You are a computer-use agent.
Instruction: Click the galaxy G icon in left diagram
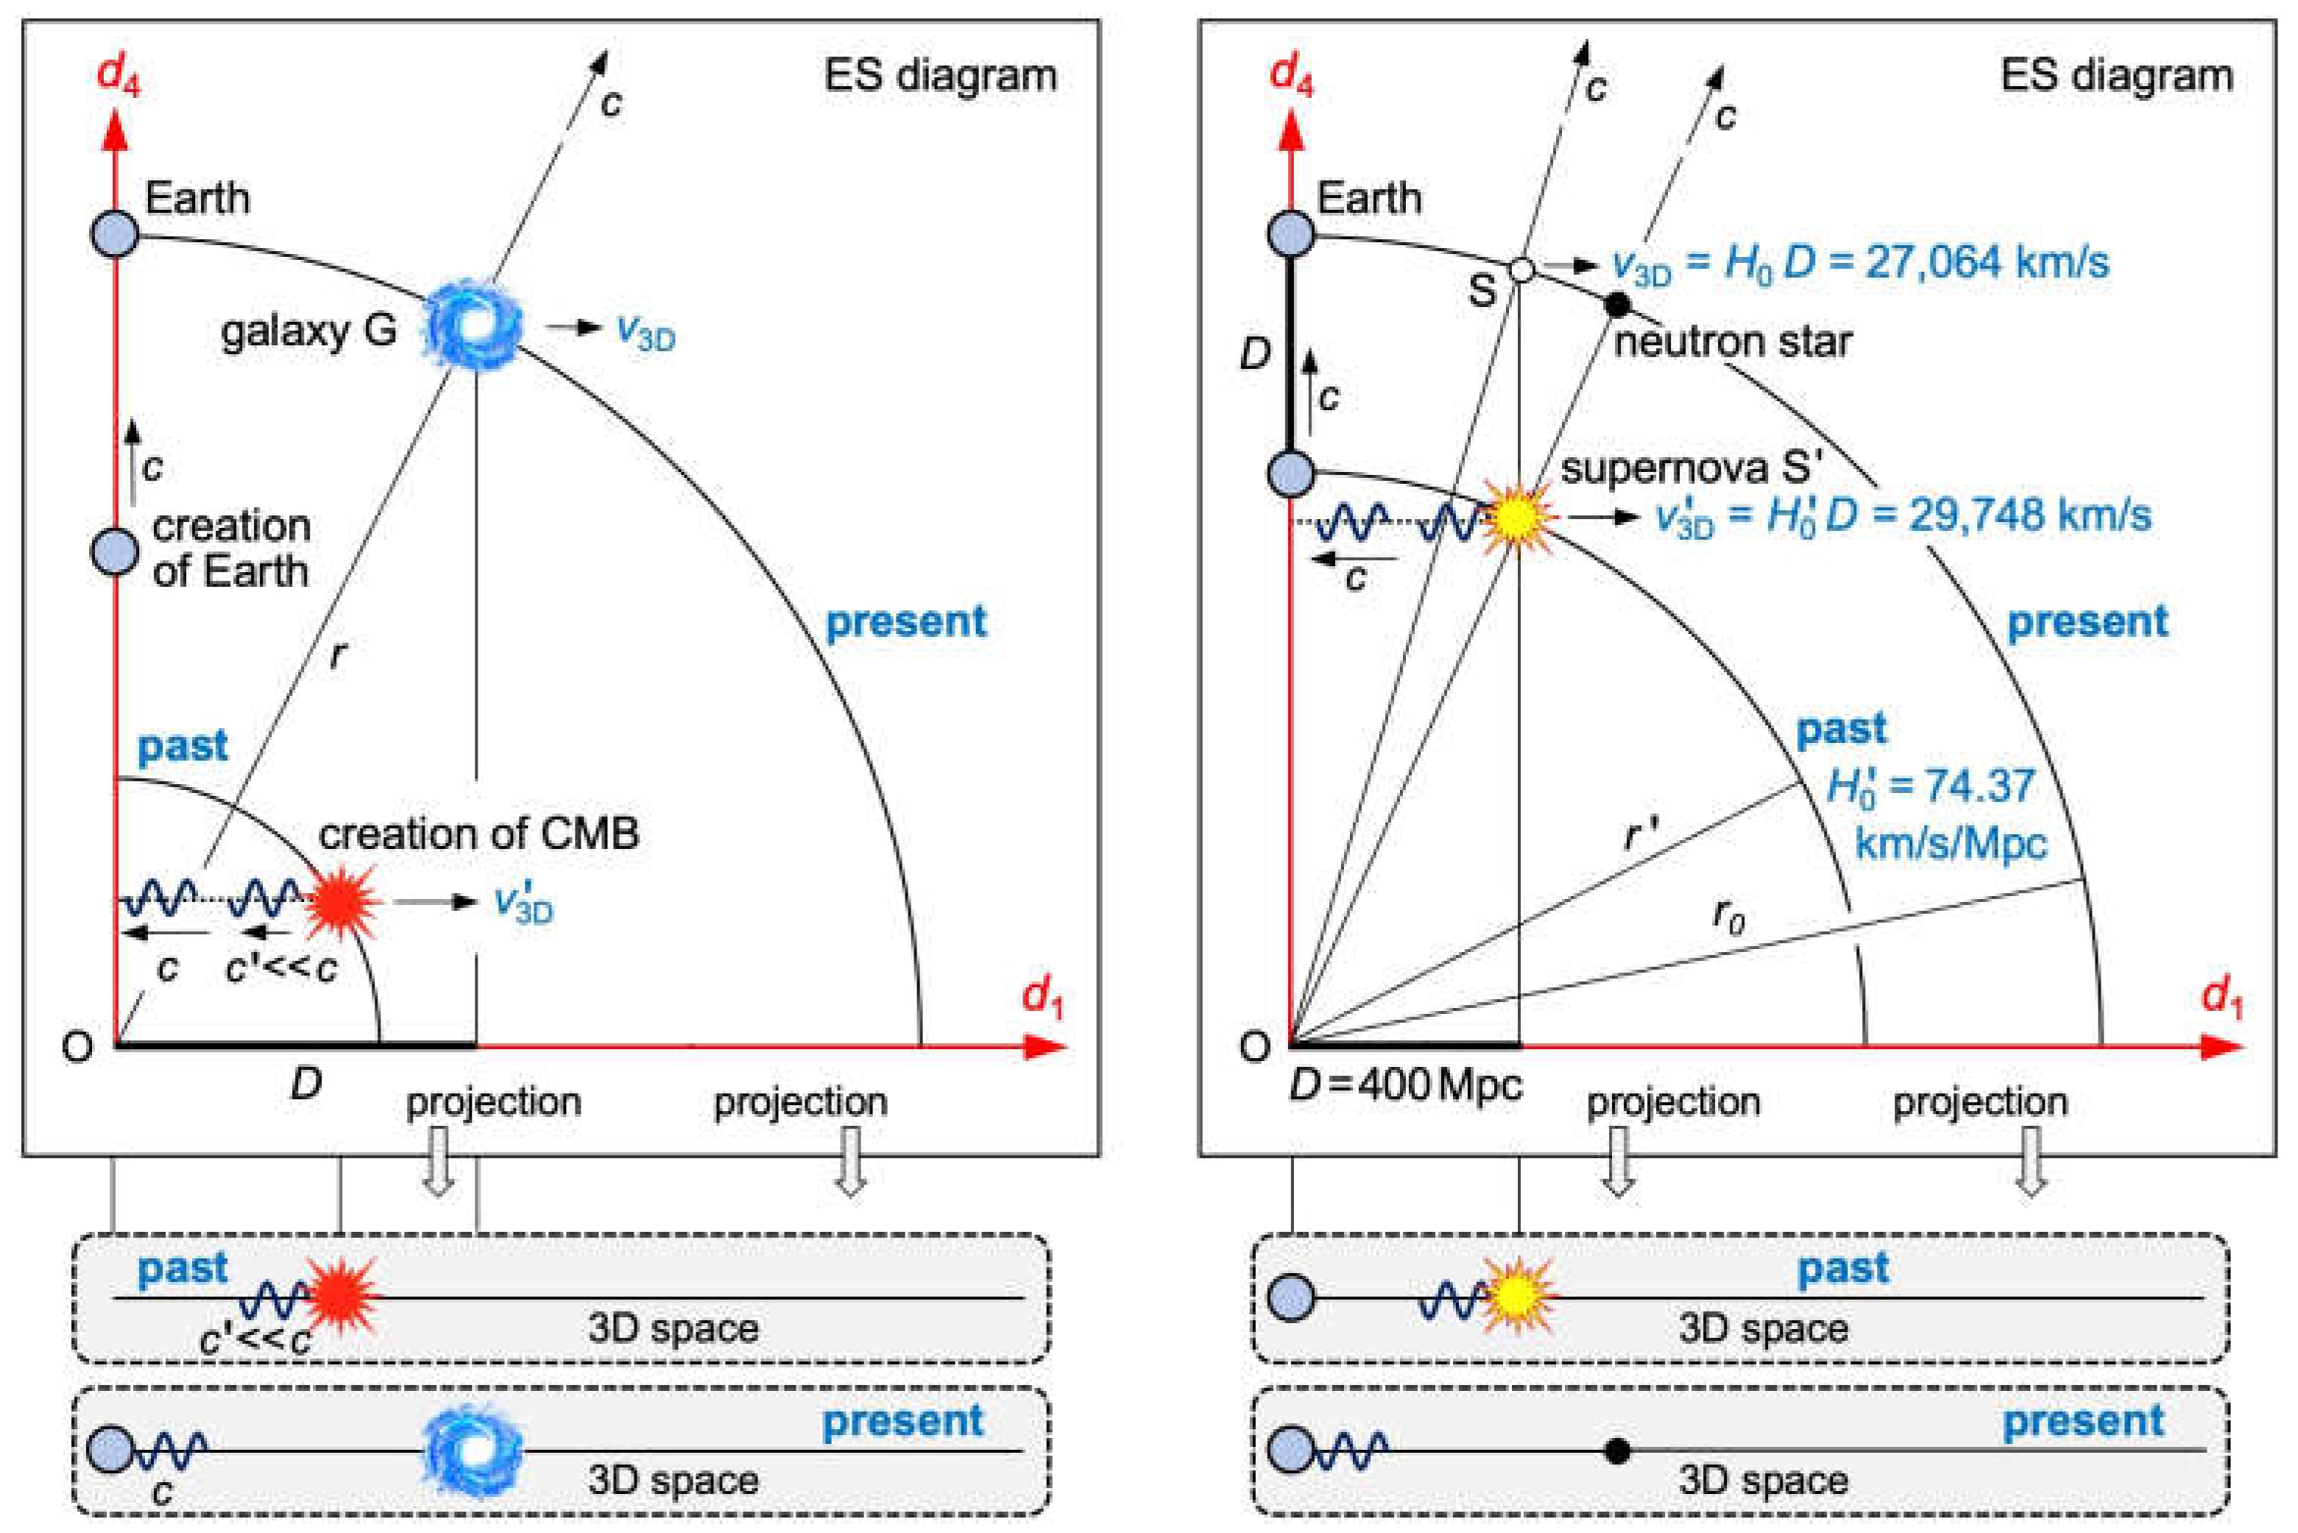tap(473, 325)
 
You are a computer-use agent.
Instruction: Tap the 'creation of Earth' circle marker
tap(116, 551)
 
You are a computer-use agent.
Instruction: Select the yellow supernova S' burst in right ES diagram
tap(1516, 517)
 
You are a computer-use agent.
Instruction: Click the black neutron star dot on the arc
tap(1618, 305)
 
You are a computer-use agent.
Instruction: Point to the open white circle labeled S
tap(1522, 269)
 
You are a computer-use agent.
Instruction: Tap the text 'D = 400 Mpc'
tap(1406, 1085)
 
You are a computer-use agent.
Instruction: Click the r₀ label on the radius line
tap(1728, 916)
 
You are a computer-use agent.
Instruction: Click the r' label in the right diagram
tap(1640, 834)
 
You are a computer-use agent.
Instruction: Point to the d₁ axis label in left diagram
tap(1042, 998)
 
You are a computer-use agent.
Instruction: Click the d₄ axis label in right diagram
tap(1291, 75)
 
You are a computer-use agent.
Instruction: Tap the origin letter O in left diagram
tap(77, 1047)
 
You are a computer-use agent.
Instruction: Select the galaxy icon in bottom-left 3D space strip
tap(473, 1450)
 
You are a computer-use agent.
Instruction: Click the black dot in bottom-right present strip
tap(1618, 1451)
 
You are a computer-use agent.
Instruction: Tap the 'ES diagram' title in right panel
tap(2116, 75)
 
